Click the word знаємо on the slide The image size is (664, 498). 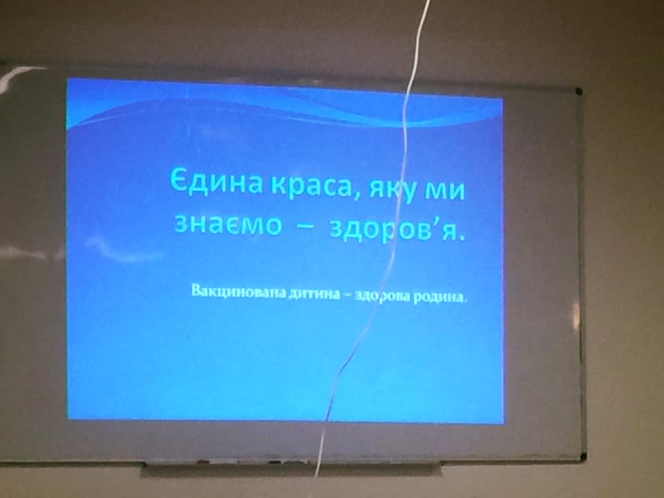(228, 223)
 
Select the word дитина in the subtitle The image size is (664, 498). (314, 293)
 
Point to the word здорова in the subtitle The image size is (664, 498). (382, 296)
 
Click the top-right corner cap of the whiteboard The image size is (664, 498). (578, 91)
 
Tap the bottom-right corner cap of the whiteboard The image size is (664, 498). (582, 457)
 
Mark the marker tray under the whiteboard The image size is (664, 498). (291, 469)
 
